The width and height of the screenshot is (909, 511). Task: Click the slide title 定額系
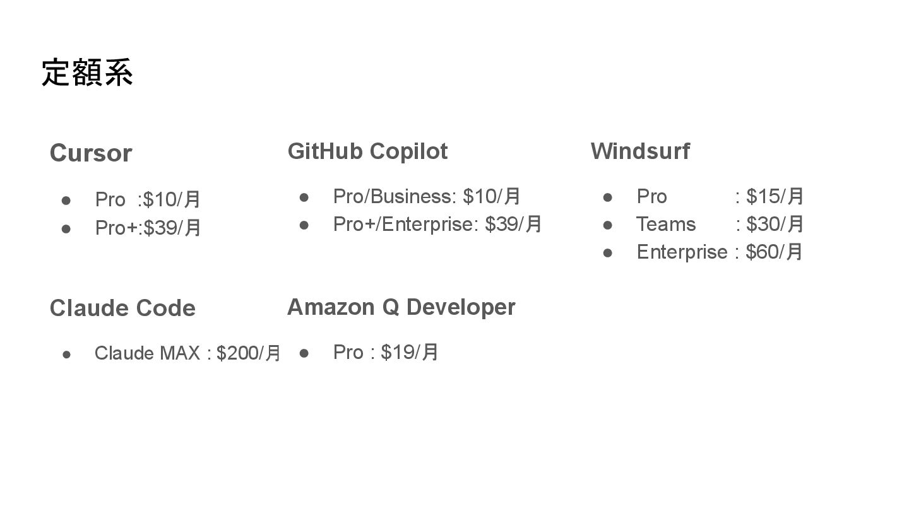(87, 73)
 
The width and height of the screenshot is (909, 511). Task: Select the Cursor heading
(91, 153)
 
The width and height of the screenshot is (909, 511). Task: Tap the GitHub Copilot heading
(367, 151)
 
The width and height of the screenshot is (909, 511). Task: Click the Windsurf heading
(640, 151)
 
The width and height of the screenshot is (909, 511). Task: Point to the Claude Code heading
(122, 308)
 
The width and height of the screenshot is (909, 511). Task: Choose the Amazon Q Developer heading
(401, 307)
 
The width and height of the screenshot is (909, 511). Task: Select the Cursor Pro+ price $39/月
(172, 227)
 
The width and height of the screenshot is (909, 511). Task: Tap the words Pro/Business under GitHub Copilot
(392, 197)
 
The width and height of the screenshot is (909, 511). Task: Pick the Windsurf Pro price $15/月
(775, 197)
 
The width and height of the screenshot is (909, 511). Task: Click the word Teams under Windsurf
(666, 225)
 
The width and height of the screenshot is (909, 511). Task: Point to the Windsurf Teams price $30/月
(775, 225)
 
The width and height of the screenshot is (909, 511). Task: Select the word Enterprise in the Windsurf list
(682, 252)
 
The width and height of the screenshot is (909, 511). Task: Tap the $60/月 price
(774, 252)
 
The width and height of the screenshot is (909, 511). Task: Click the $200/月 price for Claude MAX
(249, 353)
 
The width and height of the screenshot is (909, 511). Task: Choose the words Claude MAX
(147, 353)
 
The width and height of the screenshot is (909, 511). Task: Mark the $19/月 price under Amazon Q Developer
(410, 353)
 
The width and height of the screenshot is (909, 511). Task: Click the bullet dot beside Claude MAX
(66, 354)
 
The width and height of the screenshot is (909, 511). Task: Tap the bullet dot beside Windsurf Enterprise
(608, 252)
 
